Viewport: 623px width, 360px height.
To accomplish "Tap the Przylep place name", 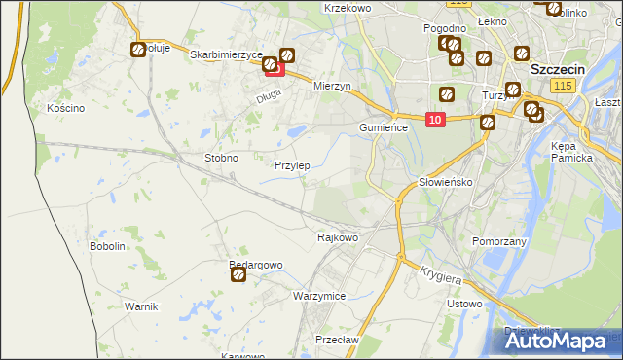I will (x=292, y=165).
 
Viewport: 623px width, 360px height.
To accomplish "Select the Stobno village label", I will (x=221, y=157).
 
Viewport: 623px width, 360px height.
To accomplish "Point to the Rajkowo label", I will (x=338, y=236).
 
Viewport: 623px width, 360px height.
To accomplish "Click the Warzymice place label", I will (x=319, y=295).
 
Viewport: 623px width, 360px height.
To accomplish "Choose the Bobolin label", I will (x=108, y=246).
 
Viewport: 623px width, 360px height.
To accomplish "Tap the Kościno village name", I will (x=66, y=108).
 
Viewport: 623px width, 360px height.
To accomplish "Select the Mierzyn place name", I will (x=331, y=86).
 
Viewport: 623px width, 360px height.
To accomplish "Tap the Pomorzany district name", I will (x=498, y=240).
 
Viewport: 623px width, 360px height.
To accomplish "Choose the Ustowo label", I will (x=463, y=304).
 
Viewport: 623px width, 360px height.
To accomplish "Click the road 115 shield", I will (x=561, y=87).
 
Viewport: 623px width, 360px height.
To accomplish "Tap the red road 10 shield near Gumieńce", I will (x=435, y=120).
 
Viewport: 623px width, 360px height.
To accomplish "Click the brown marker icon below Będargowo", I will (x=238, y=275).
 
